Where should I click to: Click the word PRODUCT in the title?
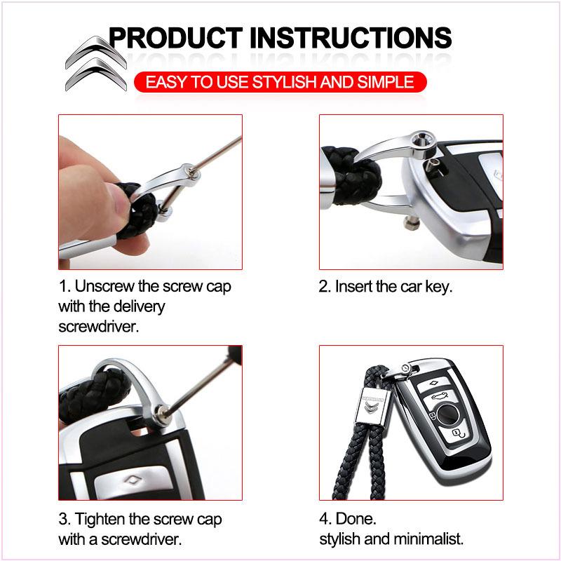pyautogui.click(x=176, y=38)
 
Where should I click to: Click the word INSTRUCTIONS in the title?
pyautogui.click(x=351, y=38)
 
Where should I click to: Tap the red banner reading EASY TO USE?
pyautogui.click(x=280, y=82)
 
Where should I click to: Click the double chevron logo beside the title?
pyautogui.click(x=96, y=63)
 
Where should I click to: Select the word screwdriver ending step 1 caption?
pyautogui.click(x=98, y=326)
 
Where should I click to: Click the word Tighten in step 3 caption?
pyautogui.click(x=100, y=519)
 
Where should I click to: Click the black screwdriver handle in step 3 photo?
pyautogui.click(x=235, y=354)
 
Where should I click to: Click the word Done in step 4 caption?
pyautogui.click(x=356, y=519)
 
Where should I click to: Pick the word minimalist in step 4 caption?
pyautogui.click(x=427, y=539)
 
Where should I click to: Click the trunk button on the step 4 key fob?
pyautogui.click(x=440, y=396)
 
